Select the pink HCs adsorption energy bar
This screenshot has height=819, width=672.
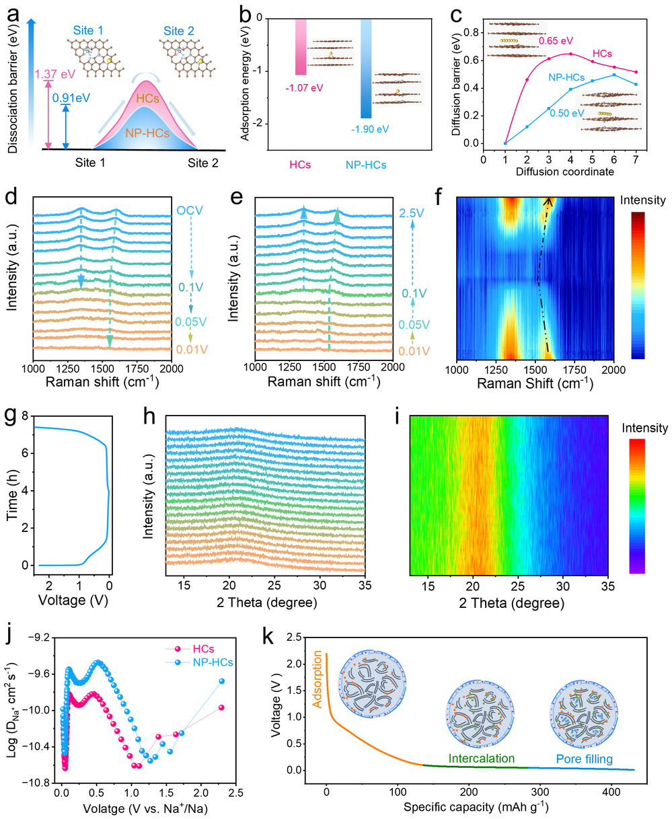[x=301, y=46]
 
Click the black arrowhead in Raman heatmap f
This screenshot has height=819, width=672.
[x=549, y=200]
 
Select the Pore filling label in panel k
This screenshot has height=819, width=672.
[x=584, y=759]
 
